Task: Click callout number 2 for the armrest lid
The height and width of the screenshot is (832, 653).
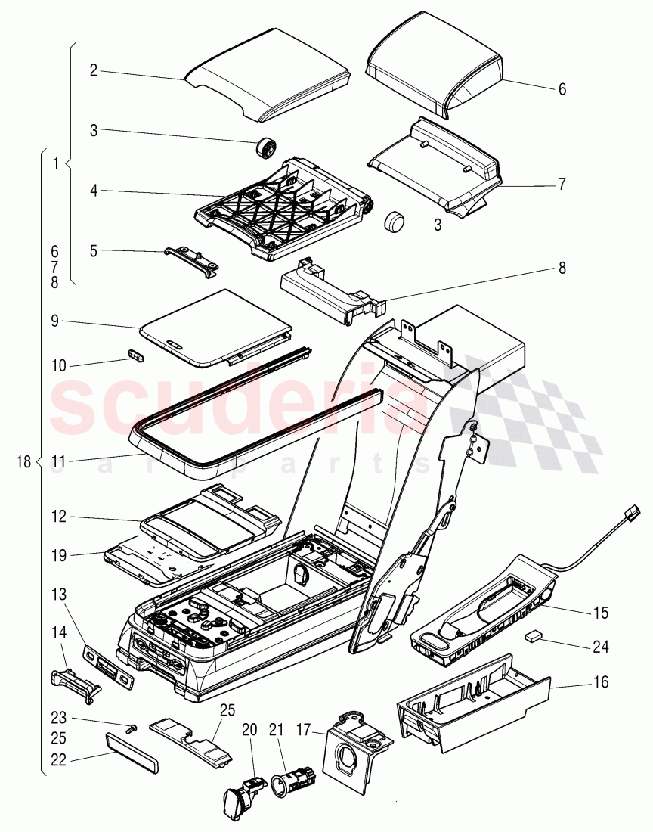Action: (x=93, y=70)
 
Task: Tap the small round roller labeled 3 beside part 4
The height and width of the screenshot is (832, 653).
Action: (x=267, y=147)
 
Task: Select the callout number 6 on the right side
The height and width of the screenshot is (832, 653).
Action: (x=562, y=88)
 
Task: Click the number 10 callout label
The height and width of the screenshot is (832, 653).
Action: (x=59, y=366)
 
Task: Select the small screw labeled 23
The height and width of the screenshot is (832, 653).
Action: (x=132, y=728)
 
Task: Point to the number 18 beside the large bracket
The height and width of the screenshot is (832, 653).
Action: (x=22, y=461)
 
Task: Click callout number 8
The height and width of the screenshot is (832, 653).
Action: (x=562, y=267)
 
